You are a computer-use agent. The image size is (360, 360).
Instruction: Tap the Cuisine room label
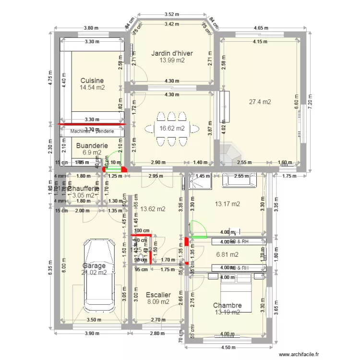tap(92, 81)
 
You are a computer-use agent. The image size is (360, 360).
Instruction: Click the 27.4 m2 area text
tap(260, 102)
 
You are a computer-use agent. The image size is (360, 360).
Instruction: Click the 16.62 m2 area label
tap(172, 129)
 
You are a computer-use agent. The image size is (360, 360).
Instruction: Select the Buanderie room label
tap(92, 145)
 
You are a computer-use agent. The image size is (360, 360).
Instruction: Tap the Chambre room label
tap(227, 305)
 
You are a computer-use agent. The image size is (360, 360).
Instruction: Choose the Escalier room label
tap(158, 295)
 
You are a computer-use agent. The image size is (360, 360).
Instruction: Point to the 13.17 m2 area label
tap(227, 204)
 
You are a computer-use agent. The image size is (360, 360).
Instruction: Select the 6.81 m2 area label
tap(227, 255)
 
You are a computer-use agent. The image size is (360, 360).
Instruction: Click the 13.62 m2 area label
tap(153, 209)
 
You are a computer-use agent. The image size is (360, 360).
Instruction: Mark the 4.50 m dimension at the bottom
tap(228, 348)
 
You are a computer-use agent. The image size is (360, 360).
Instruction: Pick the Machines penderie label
tap(92, 131)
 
